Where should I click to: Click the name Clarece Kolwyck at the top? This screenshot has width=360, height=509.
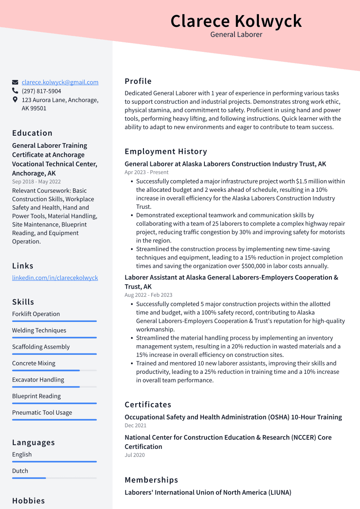point(236,21)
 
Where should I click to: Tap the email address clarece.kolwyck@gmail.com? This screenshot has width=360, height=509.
point(60,82)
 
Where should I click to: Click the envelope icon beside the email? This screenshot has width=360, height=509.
point(15,82)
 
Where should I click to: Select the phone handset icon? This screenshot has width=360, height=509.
point(15,91)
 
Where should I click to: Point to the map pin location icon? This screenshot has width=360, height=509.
point(15,100)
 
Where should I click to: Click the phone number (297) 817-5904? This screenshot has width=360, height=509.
point(41,91)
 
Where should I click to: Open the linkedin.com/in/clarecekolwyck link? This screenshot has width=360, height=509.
point(55,278)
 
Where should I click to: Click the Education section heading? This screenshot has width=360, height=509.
point(32,133)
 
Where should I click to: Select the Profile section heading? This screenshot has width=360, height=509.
point(138,81)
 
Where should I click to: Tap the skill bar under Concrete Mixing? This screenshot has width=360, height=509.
point(54,370)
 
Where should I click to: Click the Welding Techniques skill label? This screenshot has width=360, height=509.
point(39,331)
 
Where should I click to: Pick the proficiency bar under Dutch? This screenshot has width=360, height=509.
point(54,478)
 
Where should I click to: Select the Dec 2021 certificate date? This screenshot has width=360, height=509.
point(135,426)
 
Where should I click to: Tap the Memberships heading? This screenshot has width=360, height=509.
point(151,480)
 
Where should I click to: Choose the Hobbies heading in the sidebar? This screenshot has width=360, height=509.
point(29,501)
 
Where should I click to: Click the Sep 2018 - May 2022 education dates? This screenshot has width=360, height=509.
point(36,182)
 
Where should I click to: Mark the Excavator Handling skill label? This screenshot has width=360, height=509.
point(38,380)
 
